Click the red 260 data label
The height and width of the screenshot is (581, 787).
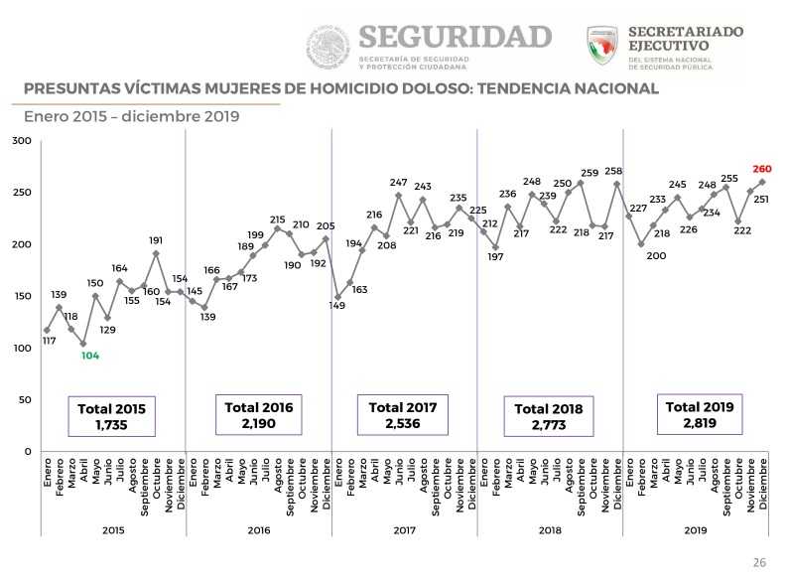tap(762, 169)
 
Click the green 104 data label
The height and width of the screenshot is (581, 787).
tap(90, 356)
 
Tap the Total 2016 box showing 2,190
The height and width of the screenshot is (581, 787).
tap(259, 415)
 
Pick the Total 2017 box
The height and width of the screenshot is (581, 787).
tap(402, 415)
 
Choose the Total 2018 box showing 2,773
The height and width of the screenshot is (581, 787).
tap(548, 416)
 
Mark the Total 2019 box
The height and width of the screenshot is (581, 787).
tap(699, 414)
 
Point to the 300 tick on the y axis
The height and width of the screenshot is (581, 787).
tap(21, 141)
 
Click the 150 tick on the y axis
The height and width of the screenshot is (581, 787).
tap(21, 296)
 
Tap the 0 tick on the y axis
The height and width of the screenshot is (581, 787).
tap(27, 451)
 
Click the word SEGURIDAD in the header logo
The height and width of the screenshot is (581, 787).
tap(455, 38)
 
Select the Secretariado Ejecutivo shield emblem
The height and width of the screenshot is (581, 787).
tap(602, 47)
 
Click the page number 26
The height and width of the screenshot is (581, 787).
tap(759, 562)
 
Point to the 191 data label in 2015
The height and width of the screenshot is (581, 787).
tap(156, 239)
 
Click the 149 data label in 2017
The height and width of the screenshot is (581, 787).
tap(337, 306)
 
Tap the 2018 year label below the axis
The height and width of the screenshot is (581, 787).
tap(550, 530)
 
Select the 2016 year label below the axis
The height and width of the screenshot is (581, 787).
tap(258, 530)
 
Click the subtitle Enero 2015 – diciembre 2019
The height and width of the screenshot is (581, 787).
tap(132, 115)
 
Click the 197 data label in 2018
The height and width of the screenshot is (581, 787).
tap(496, 257)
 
